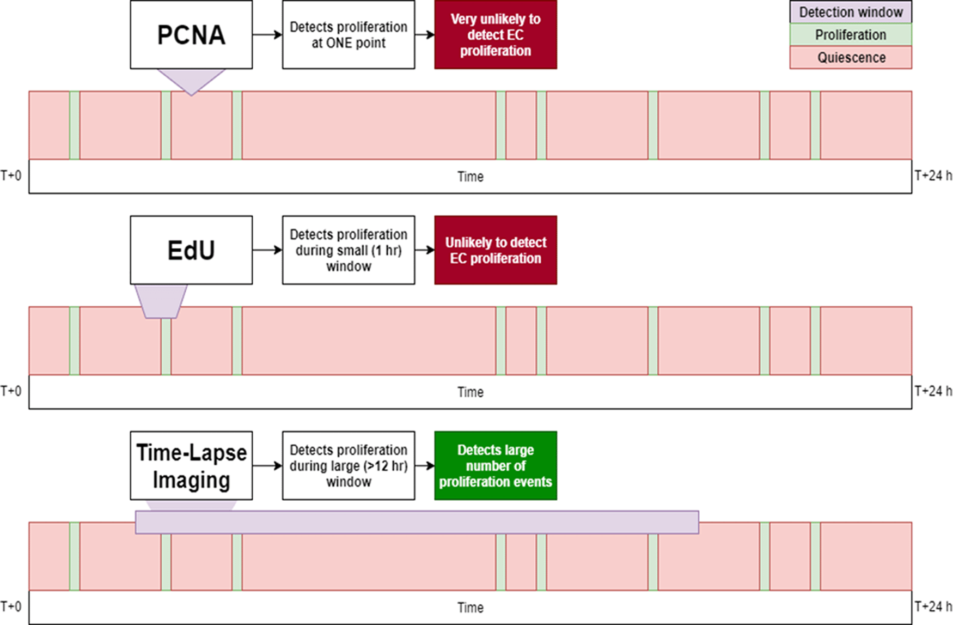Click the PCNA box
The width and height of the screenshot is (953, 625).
[191, 35]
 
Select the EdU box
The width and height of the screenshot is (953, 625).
[191, 250]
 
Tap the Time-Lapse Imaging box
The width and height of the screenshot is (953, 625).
[191, 466]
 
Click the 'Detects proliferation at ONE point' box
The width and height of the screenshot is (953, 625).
[349, 35]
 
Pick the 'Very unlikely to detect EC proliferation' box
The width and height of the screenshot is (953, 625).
[496, 35]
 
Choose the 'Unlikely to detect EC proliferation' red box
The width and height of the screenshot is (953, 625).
[496, 250]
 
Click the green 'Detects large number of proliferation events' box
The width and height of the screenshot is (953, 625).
[496, 466]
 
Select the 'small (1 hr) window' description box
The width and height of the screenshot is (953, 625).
[349, 250]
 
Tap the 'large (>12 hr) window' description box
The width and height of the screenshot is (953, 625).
[349, 466]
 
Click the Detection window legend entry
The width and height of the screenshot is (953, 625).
[851, 12]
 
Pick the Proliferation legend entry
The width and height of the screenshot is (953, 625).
[851, 35]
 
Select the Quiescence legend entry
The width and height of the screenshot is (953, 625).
[851, 57]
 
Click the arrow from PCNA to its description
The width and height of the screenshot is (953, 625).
[267, 35]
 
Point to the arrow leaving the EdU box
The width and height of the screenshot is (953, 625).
[267, 250]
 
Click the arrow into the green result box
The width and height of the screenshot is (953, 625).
[425, 466]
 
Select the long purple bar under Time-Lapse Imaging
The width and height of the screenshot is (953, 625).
[417, 522]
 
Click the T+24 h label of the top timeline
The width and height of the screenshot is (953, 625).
[933, 175]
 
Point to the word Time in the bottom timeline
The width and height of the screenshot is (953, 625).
[471, 608]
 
